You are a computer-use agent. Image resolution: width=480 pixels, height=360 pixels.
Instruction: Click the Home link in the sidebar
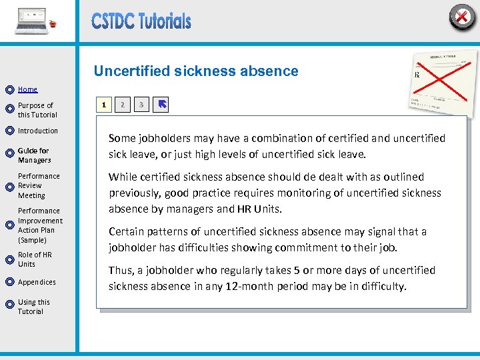coord(27,89)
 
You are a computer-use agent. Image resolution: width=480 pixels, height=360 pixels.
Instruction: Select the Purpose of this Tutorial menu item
coord(36,110)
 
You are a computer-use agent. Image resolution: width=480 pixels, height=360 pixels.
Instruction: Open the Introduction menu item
coord(38,131)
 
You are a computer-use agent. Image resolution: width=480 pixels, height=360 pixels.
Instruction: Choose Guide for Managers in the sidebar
coord(34,155)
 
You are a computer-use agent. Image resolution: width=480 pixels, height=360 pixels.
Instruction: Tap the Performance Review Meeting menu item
coord(39,186)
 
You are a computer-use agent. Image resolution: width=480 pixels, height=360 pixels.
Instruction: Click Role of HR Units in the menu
coord(35,259)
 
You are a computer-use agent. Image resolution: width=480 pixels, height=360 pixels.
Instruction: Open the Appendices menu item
coord(37,282)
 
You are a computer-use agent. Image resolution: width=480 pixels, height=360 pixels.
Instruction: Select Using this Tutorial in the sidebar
coord(34,307)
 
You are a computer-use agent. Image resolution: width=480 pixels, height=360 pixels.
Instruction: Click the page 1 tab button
coord(103,105)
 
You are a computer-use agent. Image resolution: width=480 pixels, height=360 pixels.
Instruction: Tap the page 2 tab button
coord(122,105)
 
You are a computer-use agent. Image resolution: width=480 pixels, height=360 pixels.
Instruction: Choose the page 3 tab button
coord(141,105)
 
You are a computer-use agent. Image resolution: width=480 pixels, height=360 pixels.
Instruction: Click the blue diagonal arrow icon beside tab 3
coord(161,105)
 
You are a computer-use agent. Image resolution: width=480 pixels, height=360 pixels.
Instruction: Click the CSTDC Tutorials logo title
coord(141,21)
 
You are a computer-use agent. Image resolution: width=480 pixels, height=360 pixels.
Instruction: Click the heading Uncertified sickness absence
coord(196,71)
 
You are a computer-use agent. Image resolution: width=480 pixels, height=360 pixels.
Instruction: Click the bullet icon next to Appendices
coord(9,283)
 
